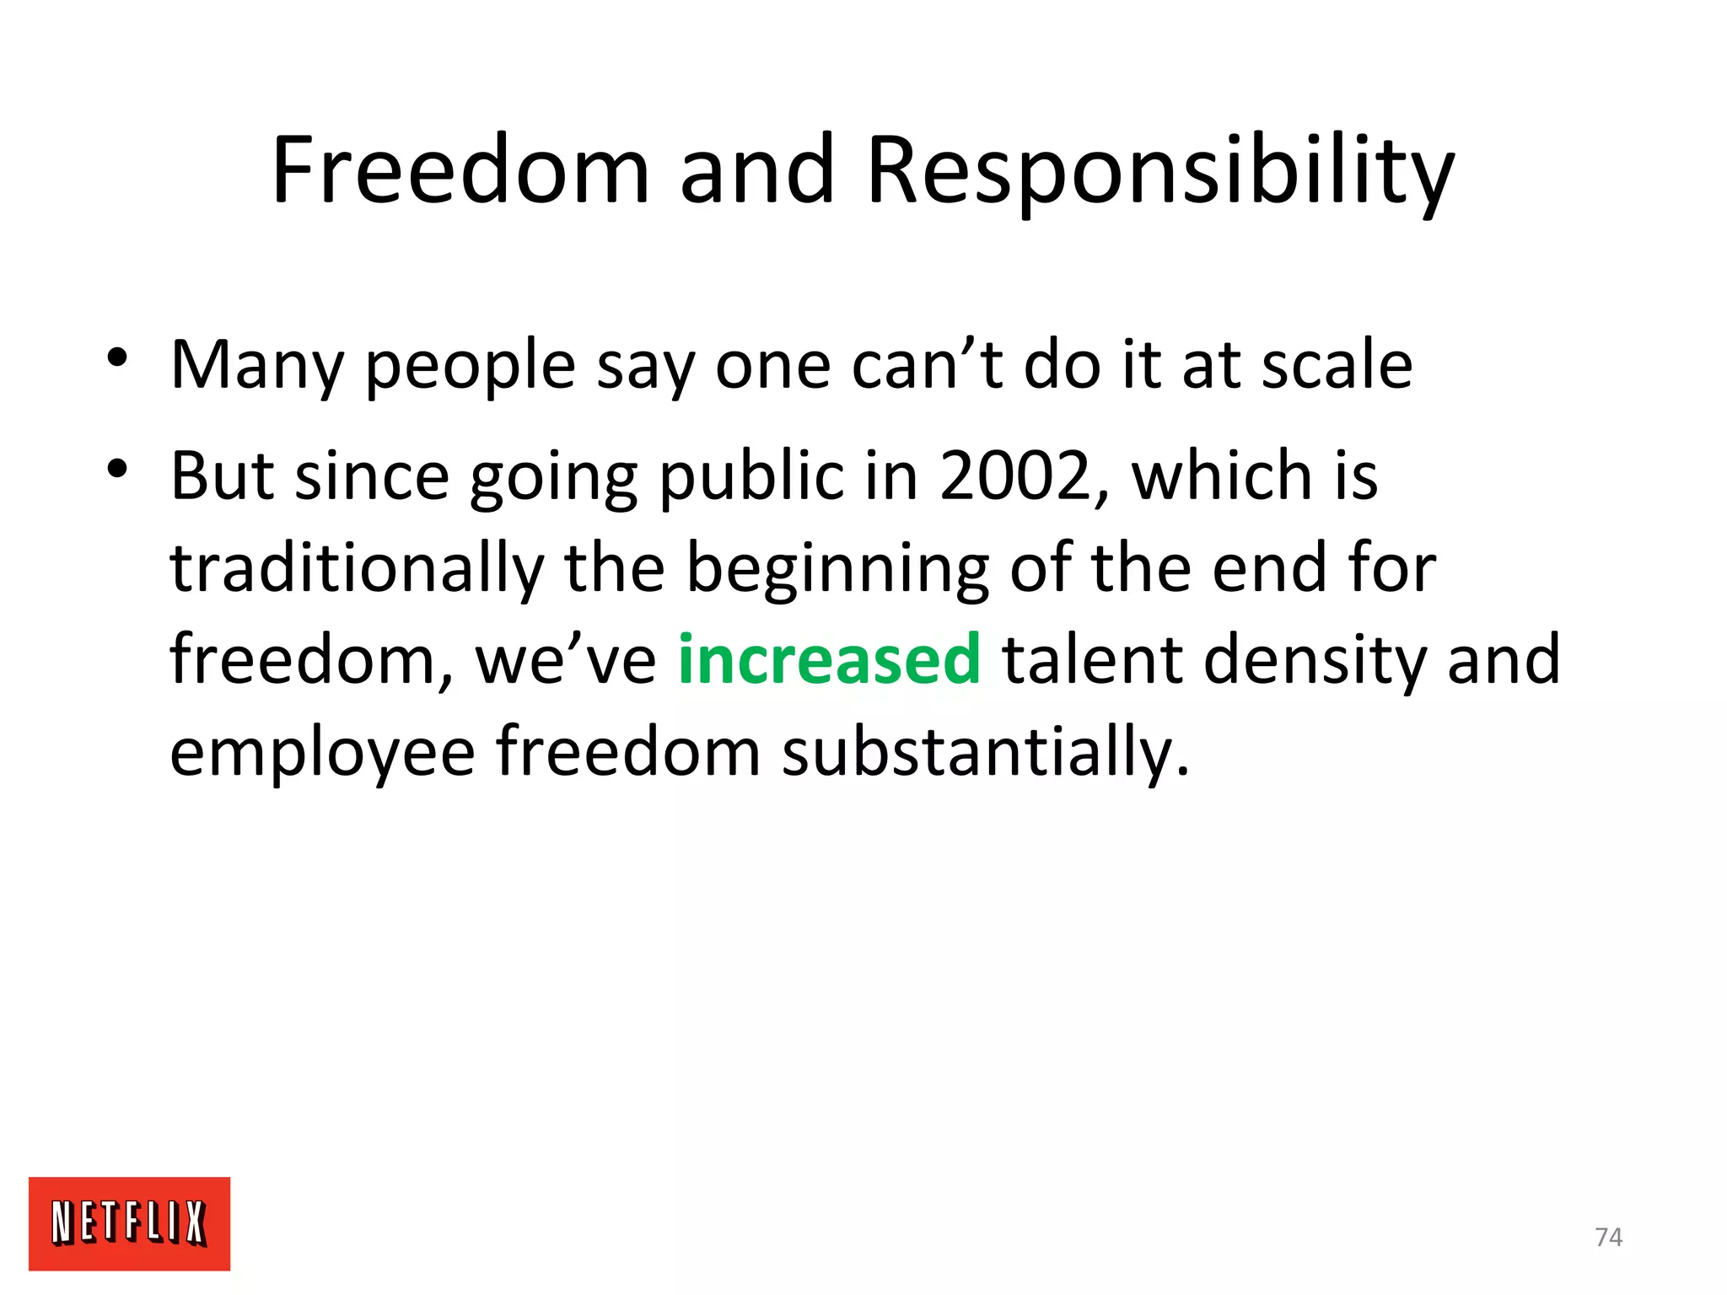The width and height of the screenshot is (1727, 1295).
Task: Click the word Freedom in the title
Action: [x=460, y=170]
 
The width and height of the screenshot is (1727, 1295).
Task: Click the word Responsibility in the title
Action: [x=1159, y=172]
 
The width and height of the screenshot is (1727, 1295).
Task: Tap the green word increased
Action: [x=829, y=659]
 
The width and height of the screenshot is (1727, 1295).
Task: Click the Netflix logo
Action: [x=129, y=1222]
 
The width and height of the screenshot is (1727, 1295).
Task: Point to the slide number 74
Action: [x=1608, y=1237]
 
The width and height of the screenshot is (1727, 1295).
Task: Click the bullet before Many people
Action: [x=117, y=357]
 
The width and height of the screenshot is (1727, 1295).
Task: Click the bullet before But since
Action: [x=117, y=468]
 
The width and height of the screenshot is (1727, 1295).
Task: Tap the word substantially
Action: [x=985, y=752]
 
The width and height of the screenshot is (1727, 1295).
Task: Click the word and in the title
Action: [x=756, y=170]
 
